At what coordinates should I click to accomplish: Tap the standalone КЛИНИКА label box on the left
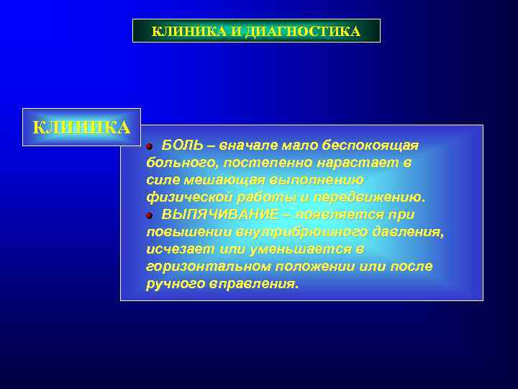coord(81,128)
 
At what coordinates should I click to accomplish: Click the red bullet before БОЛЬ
coord(150,146)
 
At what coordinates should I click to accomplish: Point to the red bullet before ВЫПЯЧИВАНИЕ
coord(150,215)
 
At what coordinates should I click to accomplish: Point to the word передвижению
coord(373,197)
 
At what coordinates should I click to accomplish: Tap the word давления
coord(409,232)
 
